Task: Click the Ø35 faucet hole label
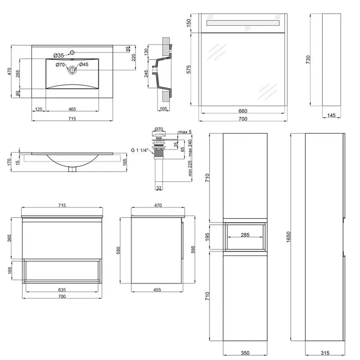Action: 58,55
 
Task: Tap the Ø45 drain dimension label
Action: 84,64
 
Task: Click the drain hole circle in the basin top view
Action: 72,70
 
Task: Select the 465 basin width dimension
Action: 72,109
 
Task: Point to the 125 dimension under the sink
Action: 38,109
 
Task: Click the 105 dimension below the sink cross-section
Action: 163,108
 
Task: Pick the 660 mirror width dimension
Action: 243,111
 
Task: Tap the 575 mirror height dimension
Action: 188,69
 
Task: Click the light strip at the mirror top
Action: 243,23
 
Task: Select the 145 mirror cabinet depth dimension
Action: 331,115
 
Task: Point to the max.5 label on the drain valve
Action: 185,132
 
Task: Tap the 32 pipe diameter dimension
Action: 159,188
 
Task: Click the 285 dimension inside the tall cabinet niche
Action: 245,235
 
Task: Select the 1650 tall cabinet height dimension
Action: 288,237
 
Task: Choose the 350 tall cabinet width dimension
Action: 245,353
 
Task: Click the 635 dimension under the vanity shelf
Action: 62,290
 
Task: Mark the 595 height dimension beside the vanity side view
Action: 193,249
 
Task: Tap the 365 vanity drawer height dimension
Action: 9,238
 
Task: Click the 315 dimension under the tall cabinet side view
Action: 325,353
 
